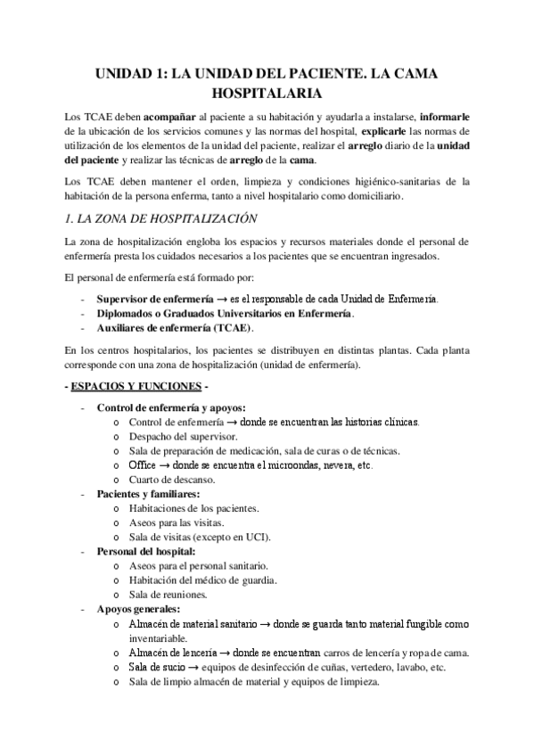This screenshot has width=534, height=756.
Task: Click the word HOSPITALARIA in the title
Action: (x=267, y=92)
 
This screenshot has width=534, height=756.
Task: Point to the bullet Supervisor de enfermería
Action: (x=155, y=299)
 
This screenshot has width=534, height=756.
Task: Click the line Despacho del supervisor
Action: (x=183, y=437)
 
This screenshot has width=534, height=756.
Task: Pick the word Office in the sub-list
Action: (x=143, y=465)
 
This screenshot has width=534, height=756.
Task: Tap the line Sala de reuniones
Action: (x=168, y=595)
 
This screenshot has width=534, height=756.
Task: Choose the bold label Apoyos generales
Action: (x=132, y=609)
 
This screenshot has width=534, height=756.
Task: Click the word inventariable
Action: (x=158, y=638)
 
